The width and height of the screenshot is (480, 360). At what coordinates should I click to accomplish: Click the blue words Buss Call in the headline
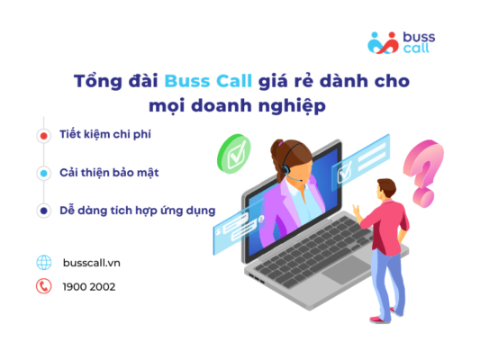201,81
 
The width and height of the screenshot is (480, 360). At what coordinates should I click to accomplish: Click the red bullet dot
43,136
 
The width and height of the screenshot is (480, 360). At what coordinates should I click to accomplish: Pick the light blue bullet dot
43,173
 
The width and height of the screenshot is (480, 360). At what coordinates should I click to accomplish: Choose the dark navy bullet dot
43,211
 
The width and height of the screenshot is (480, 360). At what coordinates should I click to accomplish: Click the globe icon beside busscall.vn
43,263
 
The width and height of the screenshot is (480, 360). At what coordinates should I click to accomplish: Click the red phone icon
43,287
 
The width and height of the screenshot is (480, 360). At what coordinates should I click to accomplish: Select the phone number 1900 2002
89,287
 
